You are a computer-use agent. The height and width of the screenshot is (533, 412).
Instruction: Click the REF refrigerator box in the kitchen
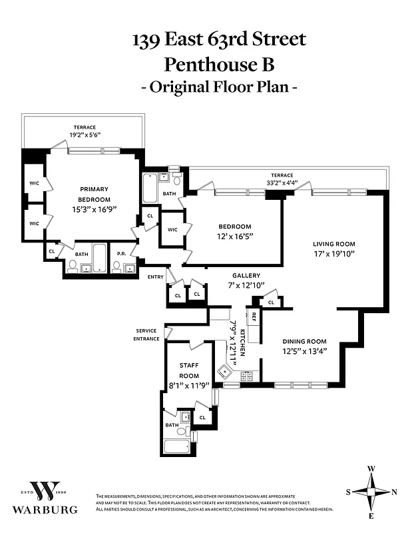pos(254,316)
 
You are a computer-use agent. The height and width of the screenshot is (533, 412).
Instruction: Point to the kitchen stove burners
pos(247,376)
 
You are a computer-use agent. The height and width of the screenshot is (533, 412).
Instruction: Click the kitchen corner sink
pos(222,371)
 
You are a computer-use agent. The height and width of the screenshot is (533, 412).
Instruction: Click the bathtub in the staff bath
pos(176,446)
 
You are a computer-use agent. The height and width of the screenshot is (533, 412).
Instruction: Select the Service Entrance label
pos(147,334)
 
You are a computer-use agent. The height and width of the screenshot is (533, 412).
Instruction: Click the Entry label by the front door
pos(155,276)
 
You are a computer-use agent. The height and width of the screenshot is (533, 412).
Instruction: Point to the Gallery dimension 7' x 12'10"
pos(246,285)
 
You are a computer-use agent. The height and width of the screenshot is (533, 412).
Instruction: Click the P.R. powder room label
pos(122,253)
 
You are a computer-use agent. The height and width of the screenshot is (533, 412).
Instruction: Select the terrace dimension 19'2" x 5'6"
pos(85,135)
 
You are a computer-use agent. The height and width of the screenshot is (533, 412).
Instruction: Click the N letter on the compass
pos(395,492)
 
